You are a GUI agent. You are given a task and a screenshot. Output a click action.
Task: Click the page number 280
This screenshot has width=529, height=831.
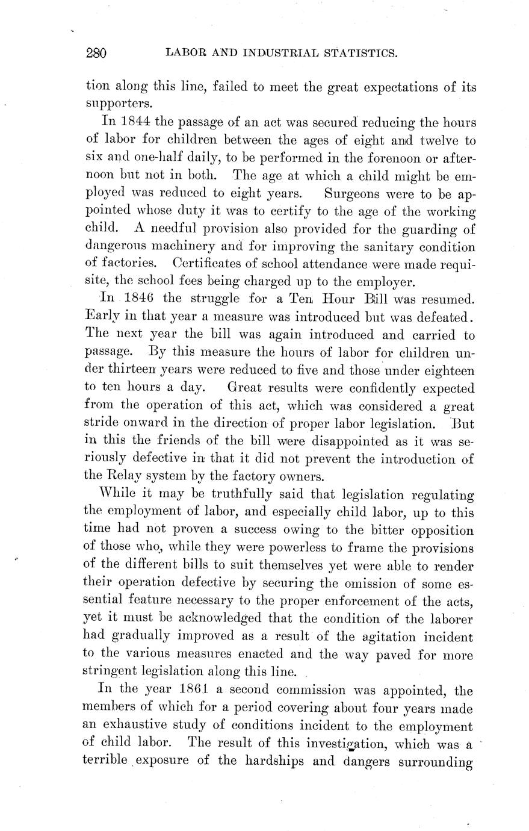(x=96, y=54)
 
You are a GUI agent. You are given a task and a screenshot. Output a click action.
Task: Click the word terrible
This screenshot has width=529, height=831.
(x=105, y=761)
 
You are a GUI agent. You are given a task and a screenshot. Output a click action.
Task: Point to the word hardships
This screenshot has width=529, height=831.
(x=275, y=761)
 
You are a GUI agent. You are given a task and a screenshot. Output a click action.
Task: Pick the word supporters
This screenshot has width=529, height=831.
(x=117, y=105)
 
